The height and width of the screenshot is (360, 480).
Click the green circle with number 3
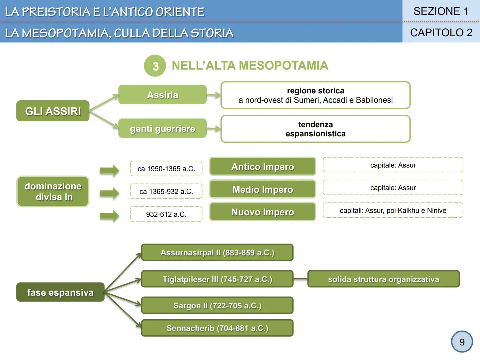pos(155,66)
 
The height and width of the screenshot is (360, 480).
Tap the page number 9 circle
pos(462,342)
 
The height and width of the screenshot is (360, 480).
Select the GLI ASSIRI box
pos(53,111)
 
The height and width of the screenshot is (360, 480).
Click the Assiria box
pos(162,95)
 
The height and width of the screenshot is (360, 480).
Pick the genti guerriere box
pos(162,128)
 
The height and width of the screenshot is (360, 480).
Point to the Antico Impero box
pos(262,166)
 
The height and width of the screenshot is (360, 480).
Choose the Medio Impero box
pos(262,189)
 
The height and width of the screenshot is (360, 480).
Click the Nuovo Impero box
pos(262,212)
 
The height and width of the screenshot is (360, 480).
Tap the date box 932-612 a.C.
pos(166,214)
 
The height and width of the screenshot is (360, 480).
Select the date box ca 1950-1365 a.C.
pos(166,169)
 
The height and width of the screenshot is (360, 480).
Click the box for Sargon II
pos(217,305)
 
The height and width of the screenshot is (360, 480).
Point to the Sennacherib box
pos(217,328)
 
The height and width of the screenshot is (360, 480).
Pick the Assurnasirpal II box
pos(217,252)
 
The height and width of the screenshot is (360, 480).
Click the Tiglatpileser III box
pos(217,279)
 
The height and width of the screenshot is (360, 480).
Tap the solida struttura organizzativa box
pos(383,279)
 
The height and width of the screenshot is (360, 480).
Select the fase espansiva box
pos(60,292)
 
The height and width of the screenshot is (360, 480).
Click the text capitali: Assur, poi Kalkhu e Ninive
pos(393,210)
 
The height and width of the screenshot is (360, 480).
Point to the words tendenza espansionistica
pos(315,129)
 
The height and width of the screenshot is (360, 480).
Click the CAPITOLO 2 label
pos(441,32)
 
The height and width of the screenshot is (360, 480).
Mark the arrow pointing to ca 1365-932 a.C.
pos(109,193)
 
